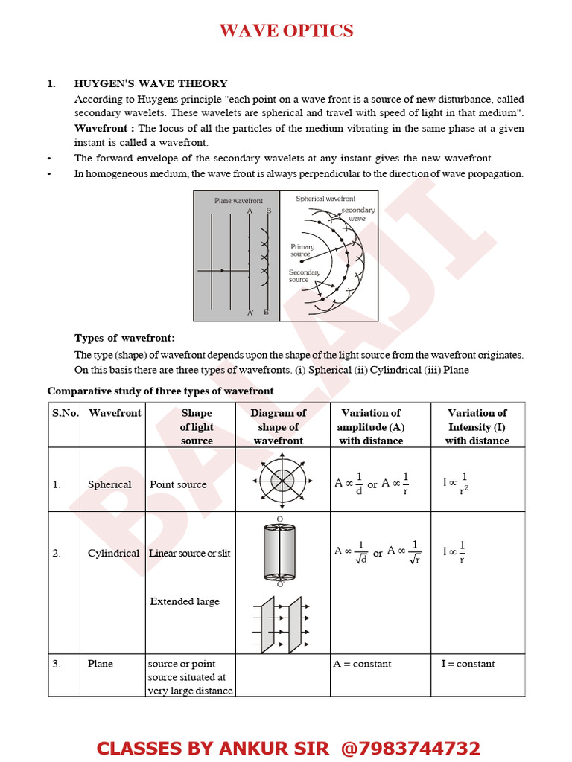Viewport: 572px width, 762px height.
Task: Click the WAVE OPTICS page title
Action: pyautogui.click(x=286, y=31)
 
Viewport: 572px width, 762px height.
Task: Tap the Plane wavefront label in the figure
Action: pyautogui.click(x=238, y=201)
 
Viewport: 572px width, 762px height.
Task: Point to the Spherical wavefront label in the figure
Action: pyautogui.click(x=325, y=199)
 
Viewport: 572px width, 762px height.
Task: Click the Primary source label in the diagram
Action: pyautogui.click(x=302, y=251)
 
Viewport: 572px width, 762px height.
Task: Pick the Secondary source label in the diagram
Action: pyautogui.click(x=304, y=276)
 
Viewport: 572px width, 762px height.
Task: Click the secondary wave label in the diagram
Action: pyautogui.click(x=358, y=214)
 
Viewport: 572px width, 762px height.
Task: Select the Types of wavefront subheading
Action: pyautogui.click(x=124, y=338)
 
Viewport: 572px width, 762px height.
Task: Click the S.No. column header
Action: pyautogui.click(x=66, y=413)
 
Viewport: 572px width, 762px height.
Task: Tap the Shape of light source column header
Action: pyautogui.click(x=197, y=426)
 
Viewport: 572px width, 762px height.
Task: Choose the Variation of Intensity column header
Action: pyautogui.click(x=477, y=426)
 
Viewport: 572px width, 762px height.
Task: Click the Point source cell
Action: pyautogui.click(x=178, y=484)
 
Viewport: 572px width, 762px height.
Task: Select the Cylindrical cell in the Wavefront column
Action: pyautogui.click(x=113, y=553)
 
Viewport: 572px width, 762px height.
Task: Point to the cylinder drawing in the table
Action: pyautogui.click(x=280, y=552)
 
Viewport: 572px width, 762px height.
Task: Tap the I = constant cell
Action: pyautogui.click(x=468, y=664)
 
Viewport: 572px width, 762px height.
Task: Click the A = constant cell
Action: pyautogui.click(x=362, y=664)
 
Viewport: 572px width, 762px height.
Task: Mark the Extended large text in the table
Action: pyautogui.click(x=185, y=601)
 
